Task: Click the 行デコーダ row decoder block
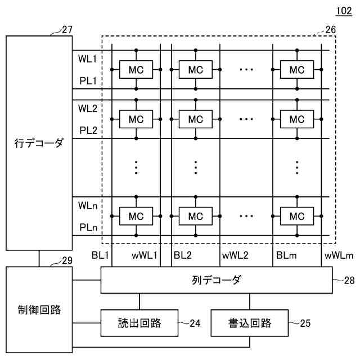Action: coord(39,143)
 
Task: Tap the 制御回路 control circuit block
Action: coord(39,310)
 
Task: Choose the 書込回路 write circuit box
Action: coord(249,323)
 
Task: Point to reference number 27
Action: coord(67,30)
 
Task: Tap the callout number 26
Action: coord(330,29)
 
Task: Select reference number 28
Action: coord(349,280)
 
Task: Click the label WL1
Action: coord(88,58)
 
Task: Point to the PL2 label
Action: coord(88,130)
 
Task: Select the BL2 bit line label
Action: coord(183,255)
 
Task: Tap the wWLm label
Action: coord(338,255)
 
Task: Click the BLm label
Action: coord(285,255)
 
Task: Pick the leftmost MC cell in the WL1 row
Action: coord(137,70)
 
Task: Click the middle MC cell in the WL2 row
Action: coord(195,119)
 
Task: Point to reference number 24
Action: coord(195,323)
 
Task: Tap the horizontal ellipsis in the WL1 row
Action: coord(246,70)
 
